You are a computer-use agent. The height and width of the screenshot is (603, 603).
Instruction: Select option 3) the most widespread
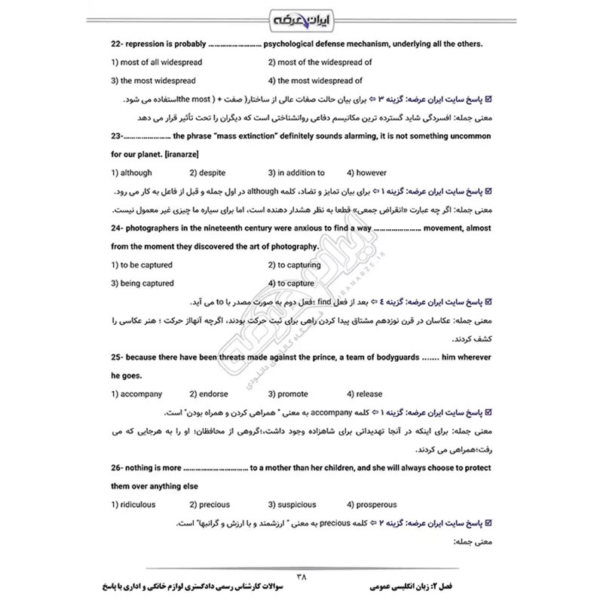click(153, 81)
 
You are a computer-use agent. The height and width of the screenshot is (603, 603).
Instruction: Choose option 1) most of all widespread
click(156, 63)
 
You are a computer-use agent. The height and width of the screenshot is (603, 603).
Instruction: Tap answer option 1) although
click(131, 173)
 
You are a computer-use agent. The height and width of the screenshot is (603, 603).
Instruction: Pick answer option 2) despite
click(207, 173)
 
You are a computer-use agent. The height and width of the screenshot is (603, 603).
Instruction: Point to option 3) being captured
click(147, 283)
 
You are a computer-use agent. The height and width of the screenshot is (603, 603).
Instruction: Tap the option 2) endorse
click(208, 393)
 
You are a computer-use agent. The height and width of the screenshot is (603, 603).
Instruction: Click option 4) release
click(365, 393)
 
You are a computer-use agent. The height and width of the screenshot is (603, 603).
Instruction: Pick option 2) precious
click(210, 504)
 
